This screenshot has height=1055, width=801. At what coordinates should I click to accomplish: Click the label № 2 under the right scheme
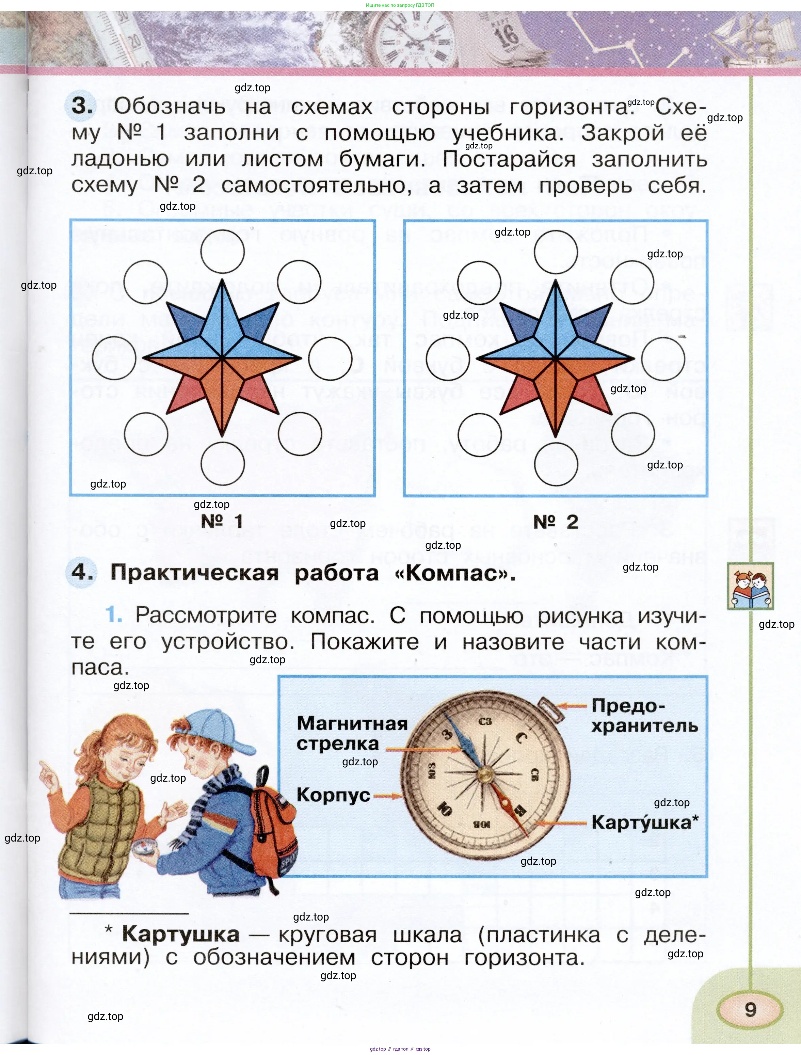tap(556, 522)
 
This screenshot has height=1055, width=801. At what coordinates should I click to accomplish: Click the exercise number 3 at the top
tap(82, 106)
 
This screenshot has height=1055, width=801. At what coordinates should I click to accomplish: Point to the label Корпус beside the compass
tap(333, 795)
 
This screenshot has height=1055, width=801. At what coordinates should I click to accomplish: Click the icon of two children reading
tap(751, 586)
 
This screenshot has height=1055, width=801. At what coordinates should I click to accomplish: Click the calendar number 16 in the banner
tap(506, 35)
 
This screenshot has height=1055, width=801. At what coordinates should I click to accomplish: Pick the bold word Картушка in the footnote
tap(181, 934)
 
